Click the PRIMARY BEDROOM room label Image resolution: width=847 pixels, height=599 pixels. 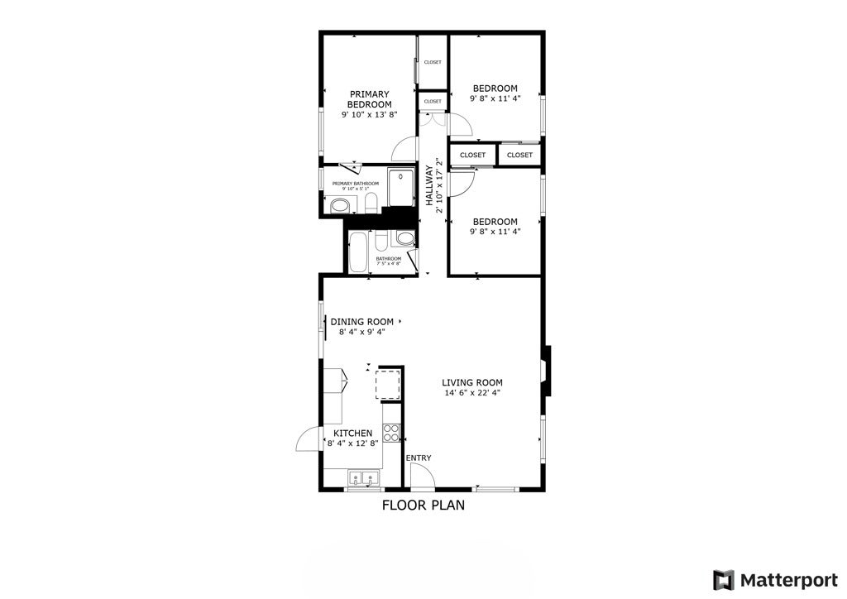(x=369, y=99)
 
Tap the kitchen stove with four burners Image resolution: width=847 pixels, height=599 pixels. (x=391, y=434)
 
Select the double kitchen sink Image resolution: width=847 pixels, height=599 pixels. (x=363, y=477)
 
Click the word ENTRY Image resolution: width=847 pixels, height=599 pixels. (x=418, y=458)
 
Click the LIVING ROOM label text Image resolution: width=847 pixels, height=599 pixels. (x=472, y=382)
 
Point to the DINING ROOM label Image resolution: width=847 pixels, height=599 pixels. (x=362, y=321)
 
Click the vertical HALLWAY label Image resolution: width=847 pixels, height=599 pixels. (x=429, y=185)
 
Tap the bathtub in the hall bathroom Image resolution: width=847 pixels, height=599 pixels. (x=360, y=252)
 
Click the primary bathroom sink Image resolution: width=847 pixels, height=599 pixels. (x=339, y=205)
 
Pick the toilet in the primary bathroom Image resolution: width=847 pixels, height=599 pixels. (x=371, y=204)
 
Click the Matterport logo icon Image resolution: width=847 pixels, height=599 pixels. (x=724, y=579)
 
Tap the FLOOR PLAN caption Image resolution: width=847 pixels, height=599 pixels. (x=423, y=505)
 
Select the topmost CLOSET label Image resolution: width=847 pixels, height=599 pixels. (x=433, y=62)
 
